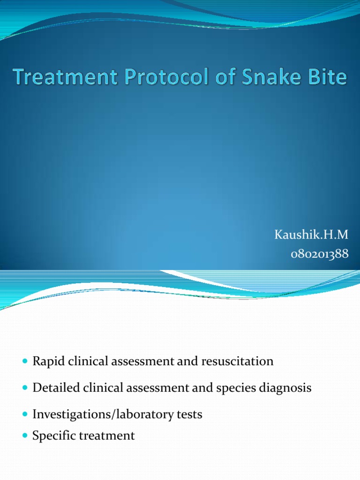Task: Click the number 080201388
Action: pos(319,254)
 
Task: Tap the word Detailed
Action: pos(52,388)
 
